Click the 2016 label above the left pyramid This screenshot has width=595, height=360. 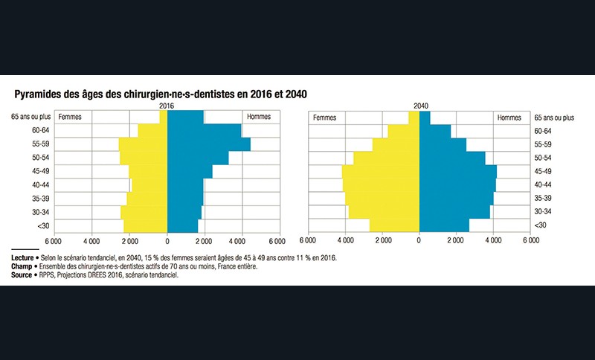[x=167, y=107]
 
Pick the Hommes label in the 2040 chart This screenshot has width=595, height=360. [x=509, y=118]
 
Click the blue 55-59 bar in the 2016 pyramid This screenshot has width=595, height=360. [x=208, y=144]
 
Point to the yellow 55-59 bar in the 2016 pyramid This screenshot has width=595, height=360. [x=144, y=144]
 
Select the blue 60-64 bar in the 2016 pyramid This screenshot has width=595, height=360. [x=204, y=131]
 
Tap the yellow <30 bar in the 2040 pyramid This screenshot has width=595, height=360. [x=394, y=225]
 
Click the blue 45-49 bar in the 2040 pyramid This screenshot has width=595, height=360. [x=457, y=171]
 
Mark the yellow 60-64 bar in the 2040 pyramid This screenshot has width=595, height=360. [x=404, y=131]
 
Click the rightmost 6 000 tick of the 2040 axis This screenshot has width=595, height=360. [x=530, y=241]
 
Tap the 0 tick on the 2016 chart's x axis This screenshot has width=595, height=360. [x=167, y=241]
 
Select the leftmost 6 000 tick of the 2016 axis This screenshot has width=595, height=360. [x=53, y=241]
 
